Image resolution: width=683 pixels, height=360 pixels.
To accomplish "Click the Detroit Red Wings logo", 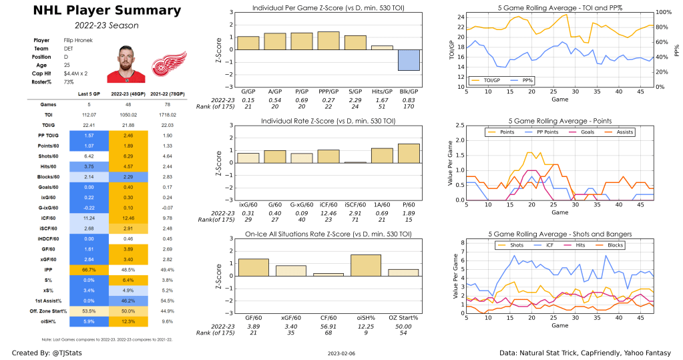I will point(161,65).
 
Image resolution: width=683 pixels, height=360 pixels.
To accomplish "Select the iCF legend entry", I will point(547,245).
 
